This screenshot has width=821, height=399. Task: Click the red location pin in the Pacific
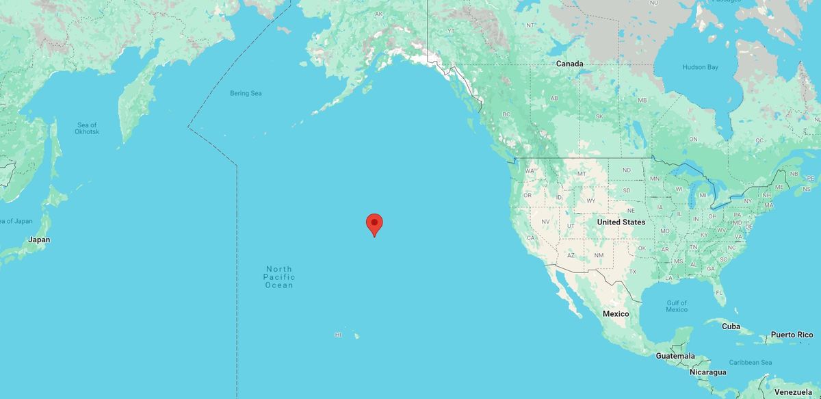pyautogui.click(x=374, y=224)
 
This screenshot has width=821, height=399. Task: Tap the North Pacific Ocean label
pyautogui.click(x=279, y=276)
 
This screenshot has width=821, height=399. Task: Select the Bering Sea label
pyautogui.click(x=246, y=93)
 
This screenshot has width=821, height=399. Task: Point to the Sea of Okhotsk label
pyautogui.click(x=88, y=128)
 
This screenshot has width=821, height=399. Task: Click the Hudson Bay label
pyautogui.click(x=700, y=67)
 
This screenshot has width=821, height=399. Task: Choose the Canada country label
pyautogui.click(x=569, y=64)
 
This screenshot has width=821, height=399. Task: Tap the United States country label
pyautogui.click(x=621, y=222)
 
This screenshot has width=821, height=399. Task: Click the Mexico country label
pyautogui.click(x=615, y=313)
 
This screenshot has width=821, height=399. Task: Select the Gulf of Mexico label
pyautogui.click(x=677, y=306)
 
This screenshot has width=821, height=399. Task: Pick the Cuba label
pyautogui.click(x=731, y=326)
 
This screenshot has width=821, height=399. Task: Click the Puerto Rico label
pyautogui.click(x=792, y=335)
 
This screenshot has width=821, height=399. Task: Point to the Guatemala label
pyautogui.click(x=675, y=356)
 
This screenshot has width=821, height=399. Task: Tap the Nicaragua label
pyautogui.click(x=707, y=372)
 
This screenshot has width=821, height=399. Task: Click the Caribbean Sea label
pyautogui.click(x=750, y=362)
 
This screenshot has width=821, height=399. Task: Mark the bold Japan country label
pyautogui.click(x=39, y=240)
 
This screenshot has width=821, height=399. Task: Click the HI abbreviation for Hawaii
pyautogui.click(x=338, y=335)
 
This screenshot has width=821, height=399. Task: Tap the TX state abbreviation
pyautogui.click(x=633, y=272)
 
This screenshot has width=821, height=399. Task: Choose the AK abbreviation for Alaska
pyautogui.click(x=378, y=14)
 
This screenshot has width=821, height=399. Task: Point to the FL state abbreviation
pyautogui.click(x=719, y=293)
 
